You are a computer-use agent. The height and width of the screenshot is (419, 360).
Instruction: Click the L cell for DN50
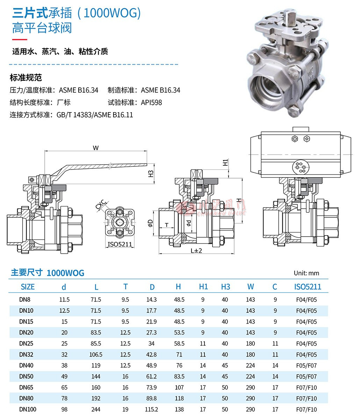[96, 376]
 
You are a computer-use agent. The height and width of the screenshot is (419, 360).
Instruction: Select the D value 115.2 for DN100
[152, 409]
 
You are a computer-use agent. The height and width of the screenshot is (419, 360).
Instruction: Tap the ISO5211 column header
[307, 287]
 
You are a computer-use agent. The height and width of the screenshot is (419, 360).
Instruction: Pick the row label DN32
[26, 354]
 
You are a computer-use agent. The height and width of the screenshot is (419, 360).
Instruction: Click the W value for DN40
[250, 365]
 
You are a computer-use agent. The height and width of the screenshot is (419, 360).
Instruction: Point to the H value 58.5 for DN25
[179, 344]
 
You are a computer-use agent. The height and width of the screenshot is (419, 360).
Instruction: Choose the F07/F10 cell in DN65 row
[306, 387]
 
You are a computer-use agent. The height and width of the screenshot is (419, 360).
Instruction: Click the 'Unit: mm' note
[306, 273]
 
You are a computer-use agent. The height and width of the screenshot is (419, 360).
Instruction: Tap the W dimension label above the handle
[95, 148]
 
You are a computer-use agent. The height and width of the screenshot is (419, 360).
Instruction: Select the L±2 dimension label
[196, 251]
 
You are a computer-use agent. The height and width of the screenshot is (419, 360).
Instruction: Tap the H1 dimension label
[225, 162]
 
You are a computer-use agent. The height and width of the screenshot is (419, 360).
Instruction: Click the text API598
[151, 102]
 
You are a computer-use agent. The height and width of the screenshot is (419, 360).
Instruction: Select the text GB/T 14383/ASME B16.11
[95, 115]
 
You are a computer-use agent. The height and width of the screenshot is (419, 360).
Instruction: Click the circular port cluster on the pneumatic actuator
[300, 167]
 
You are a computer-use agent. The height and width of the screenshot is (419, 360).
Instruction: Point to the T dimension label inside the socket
[167, 225]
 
